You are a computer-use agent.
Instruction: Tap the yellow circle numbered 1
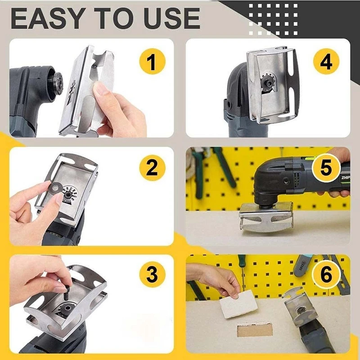[x=152, y=62]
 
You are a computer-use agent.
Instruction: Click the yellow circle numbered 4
[x=326, y=62]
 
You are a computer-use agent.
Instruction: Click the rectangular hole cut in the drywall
[x=254, y=330]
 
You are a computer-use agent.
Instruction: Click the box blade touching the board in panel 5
[x=265, y=218]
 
